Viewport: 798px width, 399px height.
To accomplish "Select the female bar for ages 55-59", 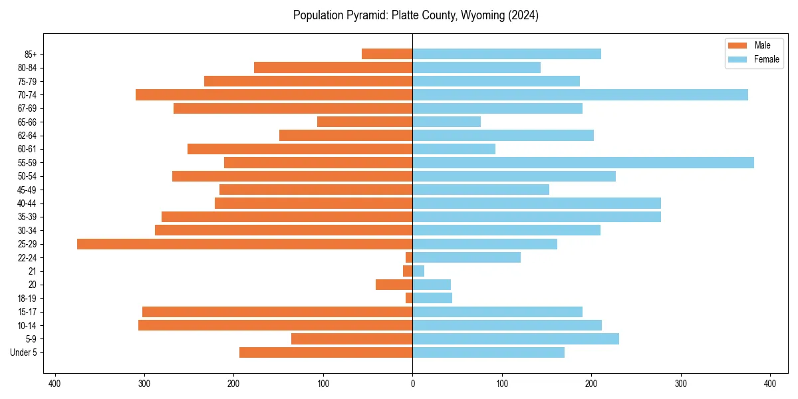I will pos(583,163).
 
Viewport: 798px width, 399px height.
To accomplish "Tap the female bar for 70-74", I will pos(580,95).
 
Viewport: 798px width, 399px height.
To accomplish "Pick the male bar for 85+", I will pos(387,54).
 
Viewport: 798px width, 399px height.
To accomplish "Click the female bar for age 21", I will pos(418,271).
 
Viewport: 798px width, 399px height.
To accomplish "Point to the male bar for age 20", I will pos(394,285).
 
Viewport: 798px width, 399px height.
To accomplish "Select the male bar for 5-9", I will pos(352,339).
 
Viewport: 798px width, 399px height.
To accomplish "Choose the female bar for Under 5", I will pos(488,352).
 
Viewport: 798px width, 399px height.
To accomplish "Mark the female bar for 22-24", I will pos(466,257).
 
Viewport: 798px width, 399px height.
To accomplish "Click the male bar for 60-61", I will pos(300,149).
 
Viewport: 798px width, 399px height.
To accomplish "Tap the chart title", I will pos(416,15).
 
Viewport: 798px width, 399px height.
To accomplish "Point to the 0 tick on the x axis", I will pos(412,384).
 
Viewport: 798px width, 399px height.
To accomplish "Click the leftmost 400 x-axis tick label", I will pos(55,384).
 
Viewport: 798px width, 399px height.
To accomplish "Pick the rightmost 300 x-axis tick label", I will pos(680,384).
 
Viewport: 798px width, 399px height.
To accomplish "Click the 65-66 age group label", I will pos(27,122).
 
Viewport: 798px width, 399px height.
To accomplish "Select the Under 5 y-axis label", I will pos(23,352).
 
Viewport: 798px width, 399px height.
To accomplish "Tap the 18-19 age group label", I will pos(27,299).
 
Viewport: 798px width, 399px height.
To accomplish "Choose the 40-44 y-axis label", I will pos(27,203).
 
